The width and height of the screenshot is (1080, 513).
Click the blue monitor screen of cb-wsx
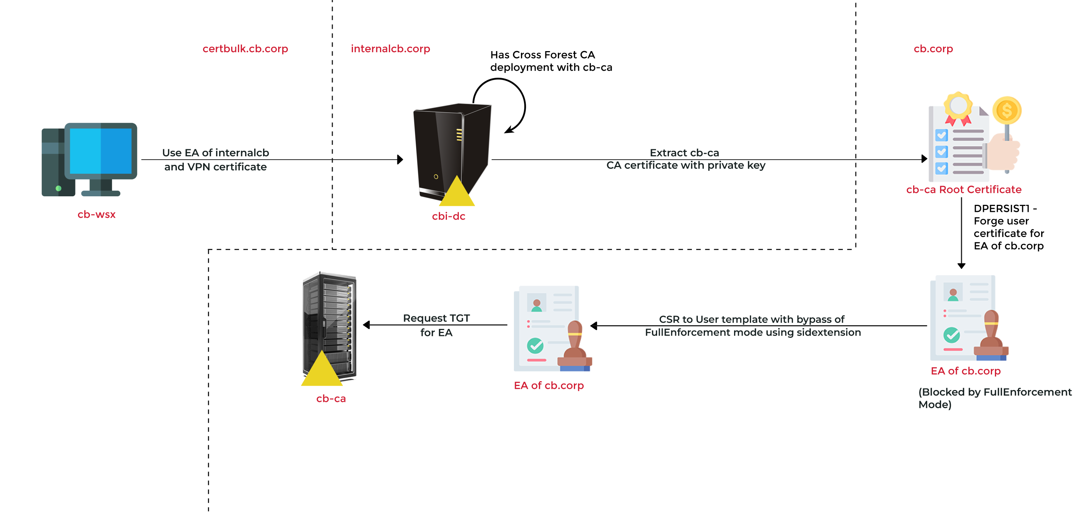pyautogui.click(x=101, y=151)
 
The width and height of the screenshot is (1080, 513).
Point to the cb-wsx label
pyautogui.click(x=97, y=214)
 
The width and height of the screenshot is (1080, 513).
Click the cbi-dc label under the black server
pyautogui.click(x=448, y=216)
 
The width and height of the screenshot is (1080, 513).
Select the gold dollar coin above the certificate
pyautogui.click(x=1007, y=110)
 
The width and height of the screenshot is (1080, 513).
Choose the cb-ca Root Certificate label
pyautogui.click(x=964, y=190)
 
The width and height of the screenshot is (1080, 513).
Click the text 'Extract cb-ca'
pyautogui.click(x=684, y=153)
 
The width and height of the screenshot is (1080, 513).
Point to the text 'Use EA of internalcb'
pyautogui.click(x=215, y=153)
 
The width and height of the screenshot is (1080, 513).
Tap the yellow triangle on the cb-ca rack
pyautogui.click(x=322, y=371)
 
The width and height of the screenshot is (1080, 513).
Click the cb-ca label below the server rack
pyautogui.click(x=331, y=399)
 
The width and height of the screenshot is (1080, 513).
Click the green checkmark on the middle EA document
pyautogui.click(x=535, y=346)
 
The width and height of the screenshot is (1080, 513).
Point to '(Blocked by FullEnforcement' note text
pyautogui.click(x=995, y=392)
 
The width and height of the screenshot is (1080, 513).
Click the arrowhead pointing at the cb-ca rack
pyautogui.click(x=366, y=325)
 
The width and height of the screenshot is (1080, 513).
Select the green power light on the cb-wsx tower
pyautogui.click(x=59, y=188)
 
